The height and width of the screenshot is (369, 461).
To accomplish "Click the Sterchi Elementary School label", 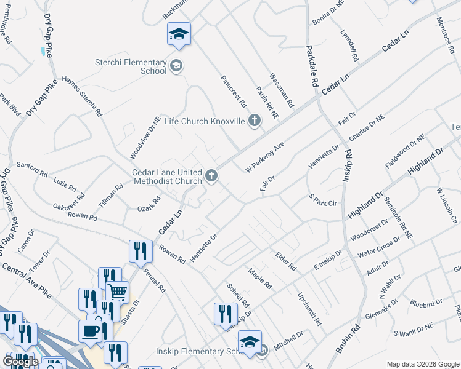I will [131, 66].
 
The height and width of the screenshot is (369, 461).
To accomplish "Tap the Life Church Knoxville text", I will [205, 121].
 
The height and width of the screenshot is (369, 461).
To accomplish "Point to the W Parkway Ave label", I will [264, 159].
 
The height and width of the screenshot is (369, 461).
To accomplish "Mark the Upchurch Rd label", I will [309, 309].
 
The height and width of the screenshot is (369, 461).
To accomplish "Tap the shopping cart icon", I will [117, 292].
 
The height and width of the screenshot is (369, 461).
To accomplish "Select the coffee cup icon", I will [90, 330].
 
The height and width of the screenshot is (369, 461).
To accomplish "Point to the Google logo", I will [20, 362].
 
